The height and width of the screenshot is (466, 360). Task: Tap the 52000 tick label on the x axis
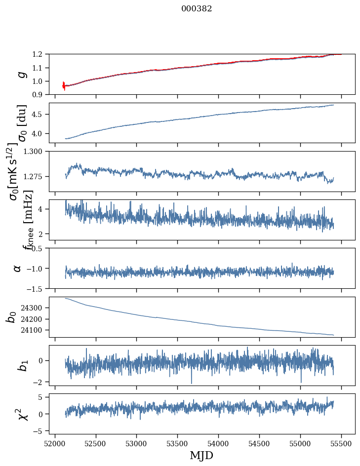click(x=55, y=443)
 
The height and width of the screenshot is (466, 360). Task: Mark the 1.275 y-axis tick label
click(x=35, y=176)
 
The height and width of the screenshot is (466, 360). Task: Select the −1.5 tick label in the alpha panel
click(x=37, y=288)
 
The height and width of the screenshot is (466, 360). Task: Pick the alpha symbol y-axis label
click(x=17, y=268)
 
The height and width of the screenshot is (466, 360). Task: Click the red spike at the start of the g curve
click(x=64, y=86)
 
